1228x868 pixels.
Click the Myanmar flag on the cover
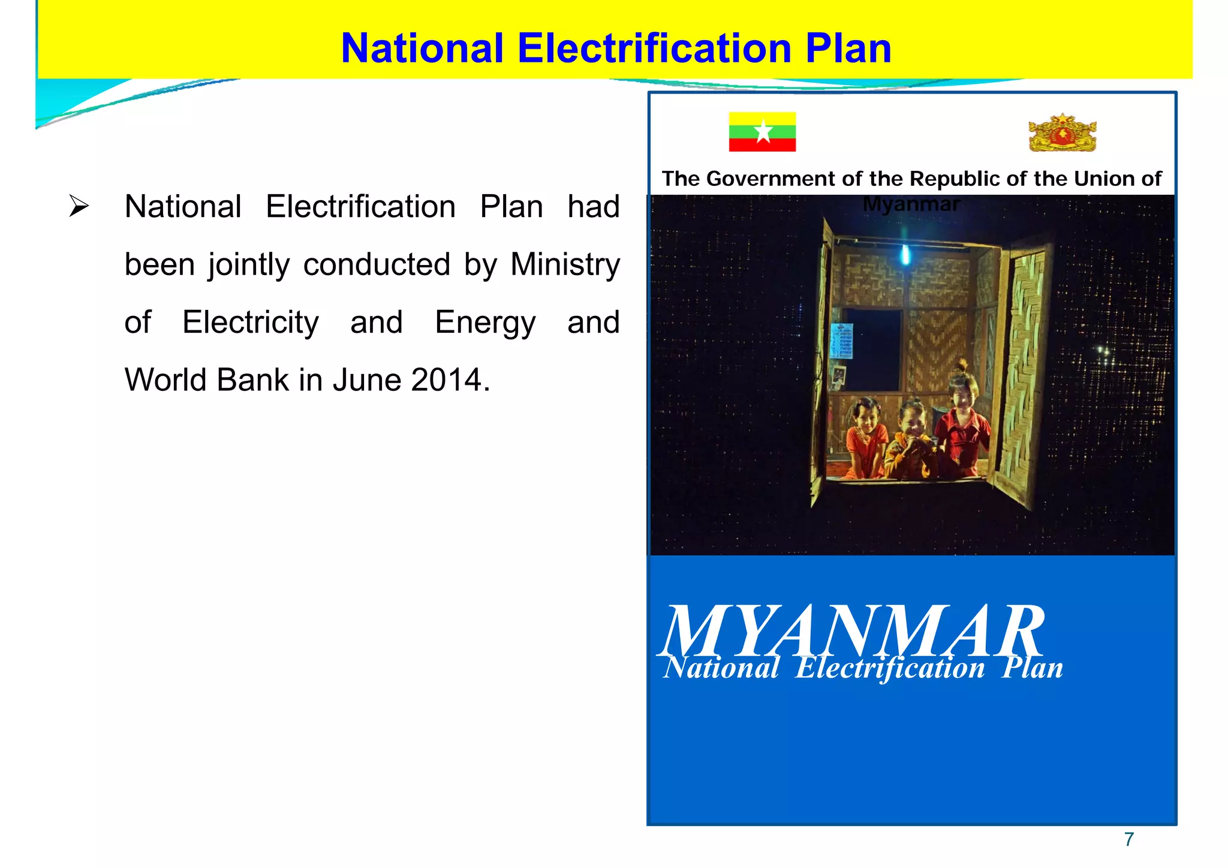coord(762,131)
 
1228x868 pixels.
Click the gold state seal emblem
coord(1062,132)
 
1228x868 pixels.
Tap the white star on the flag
coord(763,131)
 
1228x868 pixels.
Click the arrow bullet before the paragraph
coord(79,206)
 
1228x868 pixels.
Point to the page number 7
coord(1129,839)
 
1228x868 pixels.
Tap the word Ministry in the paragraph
coord(565,264)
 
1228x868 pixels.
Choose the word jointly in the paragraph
coord(249,266)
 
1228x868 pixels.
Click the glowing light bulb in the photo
coord(905,256)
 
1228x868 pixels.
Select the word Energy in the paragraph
coord(485,323)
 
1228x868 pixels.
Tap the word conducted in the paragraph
coord(377,264)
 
